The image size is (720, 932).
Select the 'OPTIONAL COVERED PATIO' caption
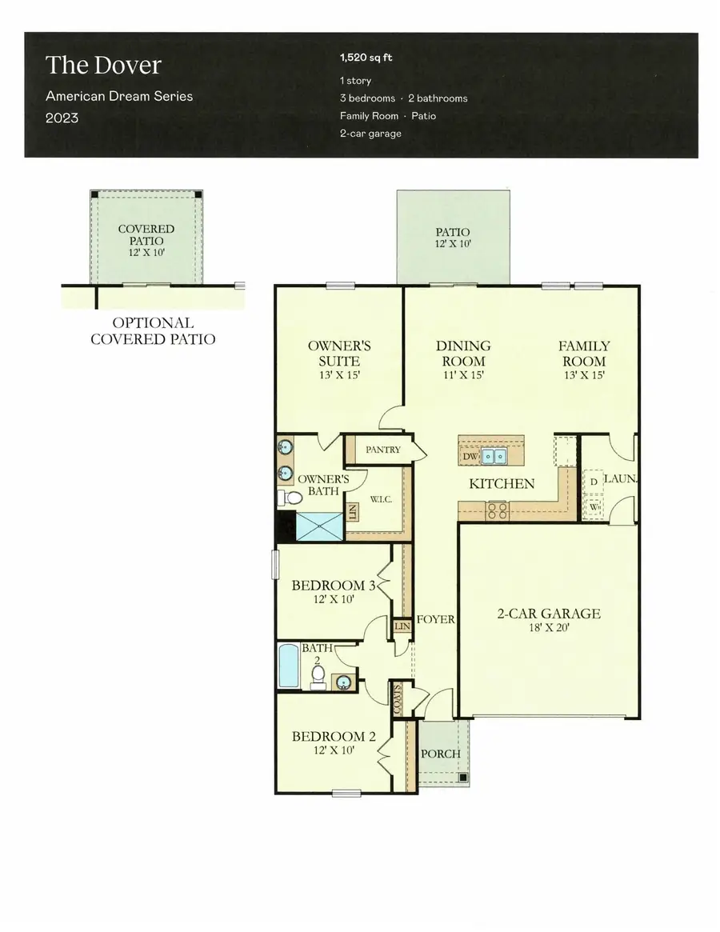152,331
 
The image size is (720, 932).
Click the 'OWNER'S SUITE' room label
339,354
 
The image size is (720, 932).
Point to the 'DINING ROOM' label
462,353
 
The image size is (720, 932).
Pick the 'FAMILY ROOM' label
583,353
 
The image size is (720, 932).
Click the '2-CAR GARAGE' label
549,614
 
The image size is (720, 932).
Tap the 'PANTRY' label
382,450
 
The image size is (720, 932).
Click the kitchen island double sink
494,457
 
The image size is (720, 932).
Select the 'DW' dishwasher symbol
470,456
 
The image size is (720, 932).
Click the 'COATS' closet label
397,700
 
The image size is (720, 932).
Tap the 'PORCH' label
440,754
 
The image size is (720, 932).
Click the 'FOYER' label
436,619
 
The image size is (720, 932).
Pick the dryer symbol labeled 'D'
593,482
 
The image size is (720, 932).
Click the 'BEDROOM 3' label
334,585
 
